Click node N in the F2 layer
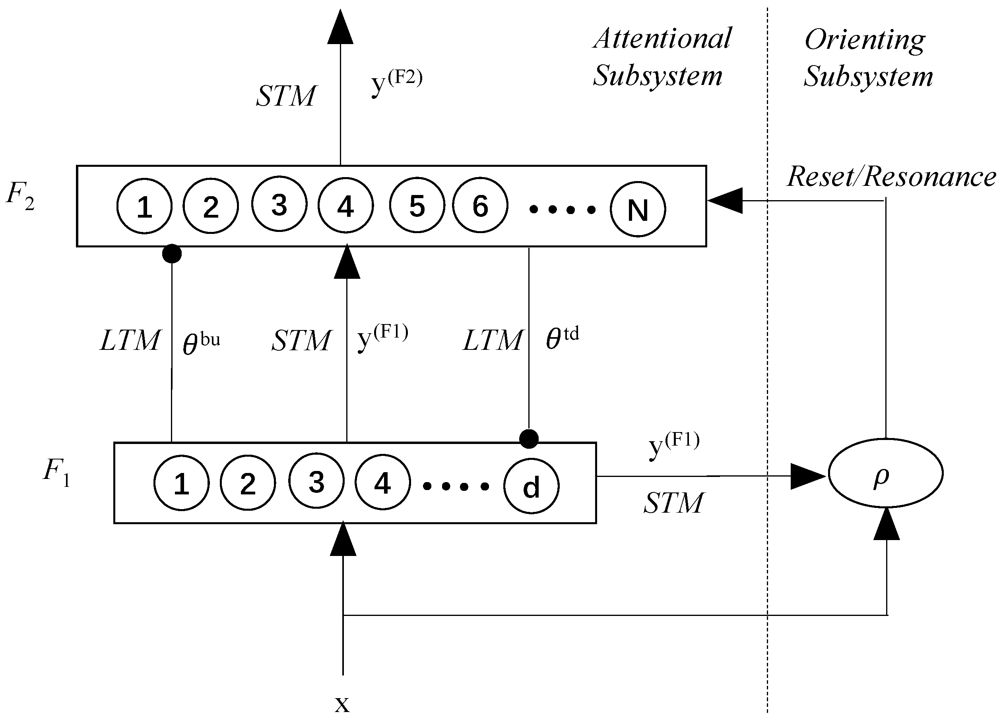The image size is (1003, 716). [638, 209]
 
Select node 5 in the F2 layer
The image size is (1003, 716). [417, 205]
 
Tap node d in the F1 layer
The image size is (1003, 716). [531, 486]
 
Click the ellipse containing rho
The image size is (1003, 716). [886, 473]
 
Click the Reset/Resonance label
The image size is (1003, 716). [891, 176]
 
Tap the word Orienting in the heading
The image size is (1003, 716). [865, 40]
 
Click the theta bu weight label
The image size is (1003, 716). [201, 343]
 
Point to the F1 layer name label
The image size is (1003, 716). [56, 471]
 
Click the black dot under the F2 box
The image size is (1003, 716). [172, 253]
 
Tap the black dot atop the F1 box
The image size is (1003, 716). [529, 439]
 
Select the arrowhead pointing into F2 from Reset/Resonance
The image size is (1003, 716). [725, 201]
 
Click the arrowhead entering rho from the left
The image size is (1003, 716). [807, 476]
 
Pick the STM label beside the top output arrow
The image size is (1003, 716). [286, 96]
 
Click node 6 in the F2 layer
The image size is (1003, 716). [480, 205]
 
